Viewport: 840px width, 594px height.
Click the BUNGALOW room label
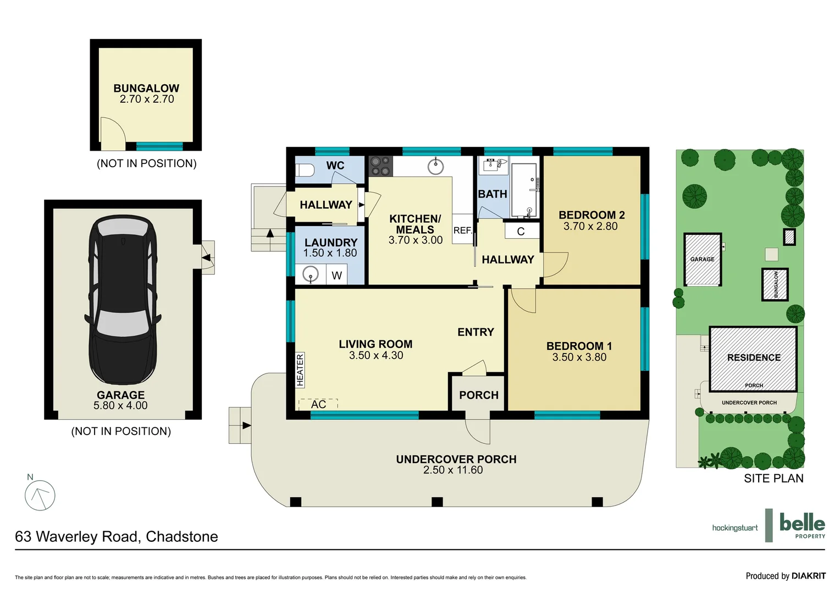pyautogui.click(x=146, y=88)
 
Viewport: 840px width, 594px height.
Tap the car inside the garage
pyautogui.click(x=123, y=300)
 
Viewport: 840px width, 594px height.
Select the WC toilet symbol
pyautogui.click(x=304, y=170)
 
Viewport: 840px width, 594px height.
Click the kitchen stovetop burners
pyautogui.click(x=380, y=166)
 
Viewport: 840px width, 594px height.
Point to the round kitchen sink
pyautogui.click(x=435, y=166)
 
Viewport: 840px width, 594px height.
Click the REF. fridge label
pyautogui.click(x=462, y=230)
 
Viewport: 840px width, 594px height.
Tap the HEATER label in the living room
pyautogui.click(x=300, y=370)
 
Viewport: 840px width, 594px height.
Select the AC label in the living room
pyautogui.click(x=318, y=404)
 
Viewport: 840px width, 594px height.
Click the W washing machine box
pyautogui.click(x=336, y=275)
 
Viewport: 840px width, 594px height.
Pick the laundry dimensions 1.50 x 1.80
pyautogui.click(x=330, y=253)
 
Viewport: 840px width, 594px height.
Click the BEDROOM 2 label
pyautogui.click(x=592, y=215)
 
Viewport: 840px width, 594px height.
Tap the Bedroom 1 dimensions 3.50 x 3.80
pyautogui.click(x=579, y=357)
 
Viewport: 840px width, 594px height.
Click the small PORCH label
pyautogui.click(x=479, y=395)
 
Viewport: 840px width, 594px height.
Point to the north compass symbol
pyautogui.click(x=40, y=494)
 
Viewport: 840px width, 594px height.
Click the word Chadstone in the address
pyautogui.click(x=182, y=537)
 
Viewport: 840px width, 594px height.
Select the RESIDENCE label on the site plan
pyautogui.click(x=754, y=358)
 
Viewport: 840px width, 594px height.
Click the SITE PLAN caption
pyautogui.click(x=773, y=479)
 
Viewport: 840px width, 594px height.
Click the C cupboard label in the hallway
pyautogui.click(x=521, y=232)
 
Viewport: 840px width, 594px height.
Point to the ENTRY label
pyautogui.click(x=476, y=332)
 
